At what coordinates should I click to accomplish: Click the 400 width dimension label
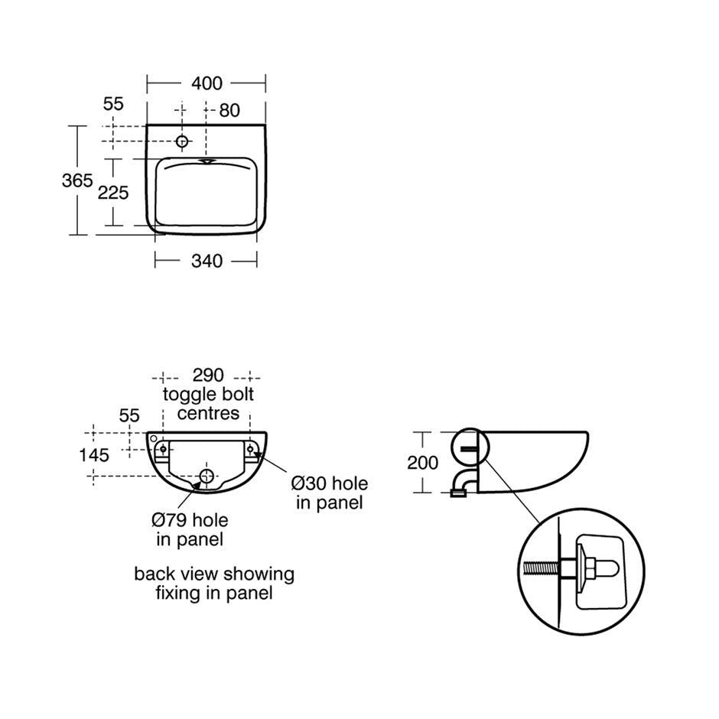207,83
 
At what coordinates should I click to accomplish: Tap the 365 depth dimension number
77,181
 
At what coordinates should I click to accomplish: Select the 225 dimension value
112,193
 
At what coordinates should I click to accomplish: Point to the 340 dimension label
207,261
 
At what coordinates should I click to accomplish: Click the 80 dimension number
229,110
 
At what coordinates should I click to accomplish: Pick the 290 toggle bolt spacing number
208,375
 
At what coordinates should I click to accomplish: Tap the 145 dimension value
94,455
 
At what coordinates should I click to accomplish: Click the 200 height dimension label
422,463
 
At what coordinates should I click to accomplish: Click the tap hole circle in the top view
182,142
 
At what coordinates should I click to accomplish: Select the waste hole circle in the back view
207,476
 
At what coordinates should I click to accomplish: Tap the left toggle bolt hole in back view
163,448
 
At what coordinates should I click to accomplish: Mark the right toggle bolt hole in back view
250,448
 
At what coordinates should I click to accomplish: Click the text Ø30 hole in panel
330,493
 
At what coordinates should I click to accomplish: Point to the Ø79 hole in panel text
190,529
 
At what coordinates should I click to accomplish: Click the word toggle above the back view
190,395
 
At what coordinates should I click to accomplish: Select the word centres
208,414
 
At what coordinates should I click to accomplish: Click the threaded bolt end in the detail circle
541,569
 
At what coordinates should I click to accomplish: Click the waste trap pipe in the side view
464,483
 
